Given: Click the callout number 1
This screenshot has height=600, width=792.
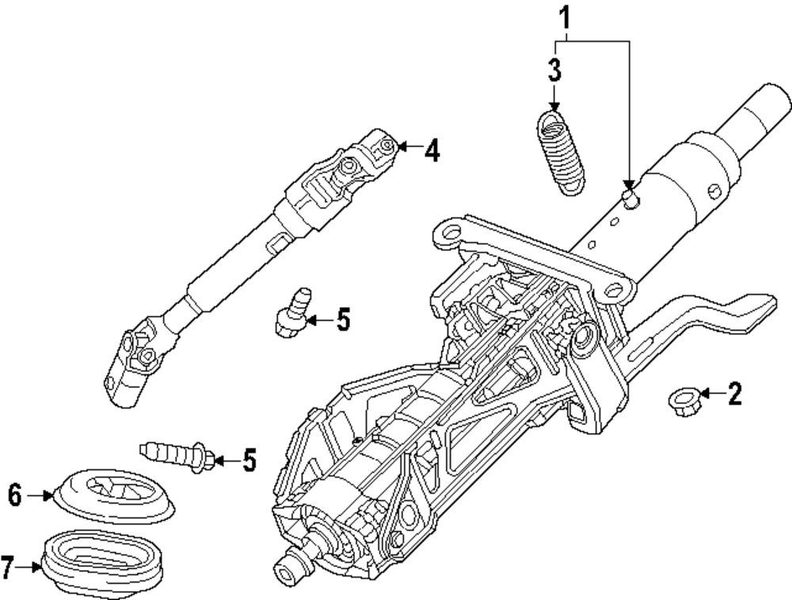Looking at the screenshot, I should coord(565,15).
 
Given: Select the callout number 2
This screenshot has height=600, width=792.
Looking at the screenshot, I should coord(734,393).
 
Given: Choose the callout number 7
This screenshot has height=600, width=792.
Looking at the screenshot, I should coord(8,567).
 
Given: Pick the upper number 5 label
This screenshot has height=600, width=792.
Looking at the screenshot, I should coord(342,320).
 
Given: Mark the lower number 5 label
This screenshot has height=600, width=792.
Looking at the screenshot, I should coord(249,460).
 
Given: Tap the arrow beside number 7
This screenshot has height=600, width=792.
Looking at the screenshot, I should coord(29,567).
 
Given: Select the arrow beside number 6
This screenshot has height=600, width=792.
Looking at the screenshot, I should coord(38,496).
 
